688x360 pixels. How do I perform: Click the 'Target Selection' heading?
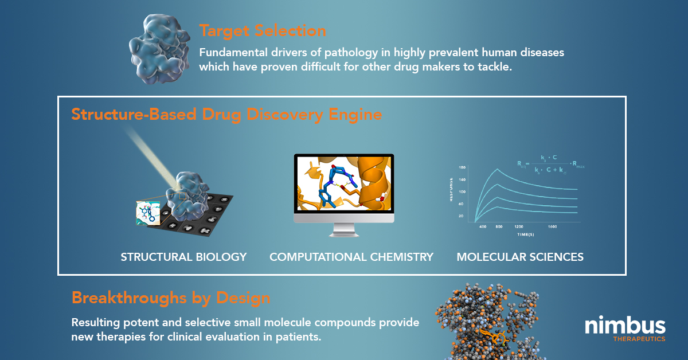click(263, 31)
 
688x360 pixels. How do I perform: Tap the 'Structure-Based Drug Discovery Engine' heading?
click(226, 115)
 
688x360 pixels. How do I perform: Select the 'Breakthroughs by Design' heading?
click(171, 298)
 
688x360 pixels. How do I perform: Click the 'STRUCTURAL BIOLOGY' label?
click(183, 257)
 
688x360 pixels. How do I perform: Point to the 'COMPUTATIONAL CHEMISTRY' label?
click(351, 257)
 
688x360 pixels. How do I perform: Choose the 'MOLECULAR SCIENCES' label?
click(520, 257)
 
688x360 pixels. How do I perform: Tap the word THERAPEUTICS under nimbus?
click(638, 339)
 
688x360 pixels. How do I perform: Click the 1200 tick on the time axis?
click(519, 227)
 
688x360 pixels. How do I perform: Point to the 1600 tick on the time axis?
click(553, 227)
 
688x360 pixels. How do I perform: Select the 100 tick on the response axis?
click(462, 191)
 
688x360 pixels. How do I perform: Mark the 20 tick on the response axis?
click(462, 216)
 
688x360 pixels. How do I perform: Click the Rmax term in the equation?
click(576, 167)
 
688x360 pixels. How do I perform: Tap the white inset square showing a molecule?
click(148, 213)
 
